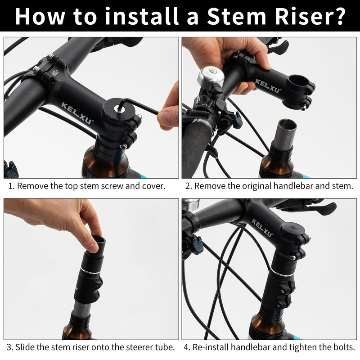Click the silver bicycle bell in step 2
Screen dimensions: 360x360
tap(210, 76)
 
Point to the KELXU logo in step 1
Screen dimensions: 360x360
tap(77, 113)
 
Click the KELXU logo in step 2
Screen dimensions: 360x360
tap(268, 85)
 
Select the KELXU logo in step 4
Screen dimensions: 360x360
tap(263, 228)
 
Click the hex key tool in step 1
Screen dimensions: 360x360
tap(138, 106)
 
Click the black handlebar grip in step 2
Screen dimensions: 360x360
tap(195, 147)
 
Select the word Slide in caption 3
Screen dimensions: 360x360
tap(25, 347)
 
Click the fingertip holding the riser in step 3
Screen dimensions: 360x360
tap(94, 247)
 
